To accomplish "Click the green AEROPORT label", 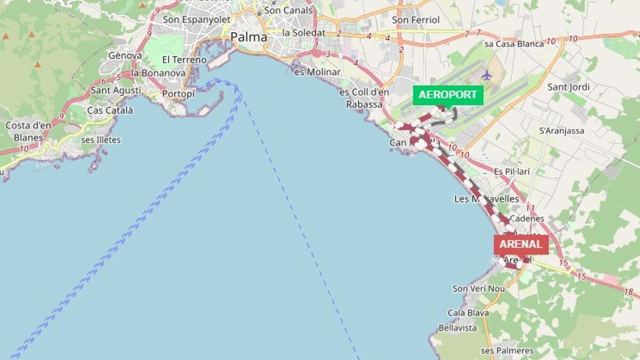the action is [x=448, y=95].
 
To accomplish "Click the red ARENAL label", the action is [x=521, y=245].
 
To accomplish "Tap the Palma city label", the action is [x=249, y=37].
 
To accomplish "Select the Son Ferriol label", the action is [x=416, y=20].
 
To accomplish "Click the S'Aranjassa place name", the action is [x=562, y=131].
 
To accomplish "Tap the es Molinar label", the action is [x=317, y=71].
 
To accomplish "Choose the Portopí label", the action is [x=179, y=94].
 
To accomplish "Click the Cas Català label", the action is [x=110, y=110].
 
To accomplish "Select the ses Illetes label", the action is [x=101, y=140].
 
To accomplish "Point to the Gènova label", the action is [x=125, y=55].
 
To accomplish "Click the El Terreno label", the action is [x=184, y=60].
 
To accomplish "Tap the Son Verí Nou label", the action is [x=478, y=289].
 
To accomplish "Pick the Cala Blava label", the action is [x=468, y=313].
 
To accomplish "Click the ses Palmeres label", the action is [x=507, y=350].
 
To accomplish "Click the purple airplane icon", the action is [x=486, y=75].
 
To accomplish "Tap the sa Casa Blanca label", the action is [x=514, y=44].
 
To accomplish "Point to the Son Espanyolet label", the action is [x=196, y=20].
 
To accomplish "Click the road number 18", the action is [x=629, y=292].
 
